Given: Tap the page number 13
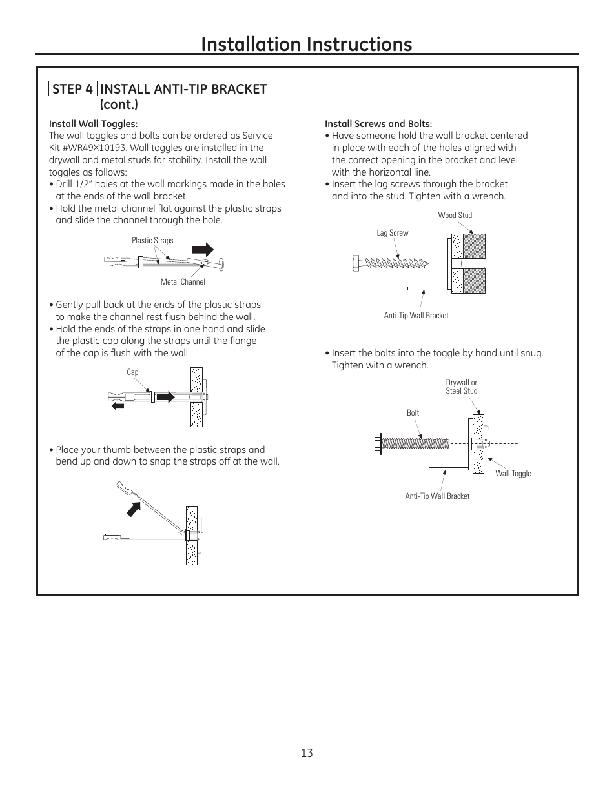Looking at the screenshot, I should (x=307, y=753).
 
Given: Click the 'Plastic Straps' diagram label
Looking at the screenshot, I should (x=152, y=241).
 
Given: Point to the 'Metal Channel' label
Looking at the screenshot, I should (x=183, y=282).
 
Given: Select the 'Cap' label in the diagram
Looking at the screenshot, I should (x=132, y=372).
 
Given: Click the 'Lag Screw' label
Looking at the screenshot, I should (x=393, y=233).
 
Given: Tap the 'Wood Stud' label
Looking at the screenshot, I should (x=455, y=216).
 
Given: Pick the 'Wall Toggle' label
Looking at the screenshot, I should (x=513, y=474).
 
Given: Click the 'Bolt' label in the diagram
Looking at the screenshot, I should (x=413, y=413).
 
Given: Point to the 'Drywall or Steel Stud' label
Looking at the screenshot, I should (x=462, y=387).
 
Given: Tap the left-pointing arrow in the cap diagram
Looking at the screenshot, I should (x=117, y=405).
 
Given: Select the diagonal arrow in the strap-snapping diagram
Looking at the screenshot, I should (x=134, y=509).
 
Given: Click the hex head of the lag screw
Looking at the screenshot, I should (x=357, y=263).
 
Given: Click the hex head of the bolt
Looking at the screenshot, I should (x=378, y=443).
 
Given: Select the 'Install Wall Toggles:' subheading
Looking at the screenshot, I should (x=94, y=124).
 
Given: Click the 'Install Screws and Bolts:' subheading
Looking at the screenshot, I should (x=378, y=124).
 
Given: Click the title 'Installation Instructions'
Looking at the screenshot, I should (x=307, y=44).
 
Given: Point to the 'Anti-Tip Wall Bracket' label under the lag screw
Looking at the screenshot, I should (x=416, y=316).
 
